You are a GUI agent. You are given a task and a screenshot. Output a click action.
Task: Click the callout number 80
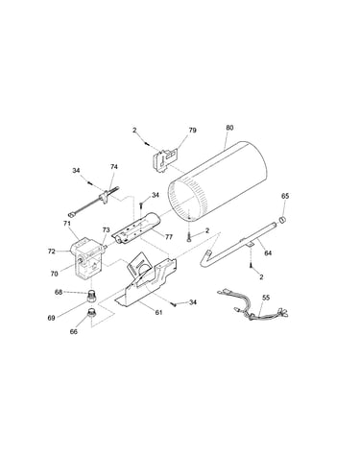(x=229, y=128)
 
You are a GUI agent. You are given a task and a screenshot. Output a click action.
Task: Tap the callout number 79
(x=192, y=131)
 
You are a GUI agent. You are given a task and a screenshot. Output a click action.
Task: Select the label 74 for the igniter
(x=114, y=167)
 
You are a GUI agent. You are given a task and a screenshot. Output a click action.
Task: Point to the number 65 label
(x=285, y=196)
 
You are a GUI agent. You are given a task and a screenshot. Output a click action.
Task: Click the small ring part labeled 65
(x=283, y=220)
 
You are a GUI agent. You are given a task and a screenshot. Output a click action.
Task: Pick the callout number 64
(x=268, y=253)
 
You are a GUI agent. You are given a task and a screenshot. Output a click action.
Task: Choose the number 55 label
(x=266, y=298)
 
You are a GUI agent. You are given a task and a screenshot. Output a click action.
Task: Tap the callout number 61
(x=158, y=312)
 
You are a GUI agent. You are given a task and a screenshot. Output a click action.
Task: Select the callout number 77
(x=169, y=237)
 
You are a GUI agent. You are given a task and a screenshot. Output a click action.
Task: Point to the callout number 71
(x=66, y=224)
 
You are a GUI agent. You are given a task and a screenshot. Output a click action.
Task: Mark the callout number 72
(x=51, y=252)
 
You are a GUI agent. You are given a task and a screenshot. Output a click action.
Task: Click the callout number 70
(x=54, y=274)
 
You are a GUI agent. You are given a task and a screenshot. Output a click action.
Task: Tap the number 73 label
(x=106, y=230)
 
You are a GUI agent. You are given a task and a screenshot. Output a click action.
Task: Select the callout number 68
(x=59, y=292)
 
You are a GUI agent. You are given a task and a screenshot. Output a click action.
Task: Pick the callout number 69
(x=51, y=318)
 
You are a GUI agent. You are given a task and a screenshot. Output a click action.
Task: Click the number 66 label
(x=74, y=332)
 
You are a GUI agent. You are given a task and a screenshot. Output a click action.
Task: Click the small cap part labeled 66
(x=91, y=312)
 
